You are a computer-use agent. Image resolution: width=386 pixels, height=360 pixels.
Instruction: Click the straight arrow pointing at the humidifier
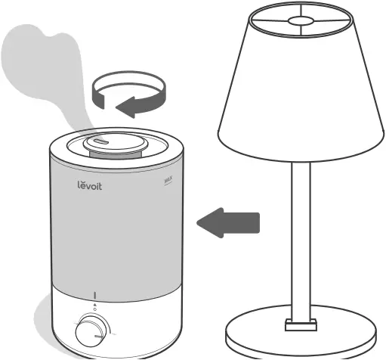(227, 222)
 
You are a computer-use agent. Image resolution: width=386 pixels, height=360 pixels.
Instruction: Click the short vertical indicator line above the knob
(95, 295)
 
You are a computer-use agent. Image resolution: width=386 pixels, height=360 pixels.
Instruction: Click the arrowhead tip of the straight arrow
(198, 222)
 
